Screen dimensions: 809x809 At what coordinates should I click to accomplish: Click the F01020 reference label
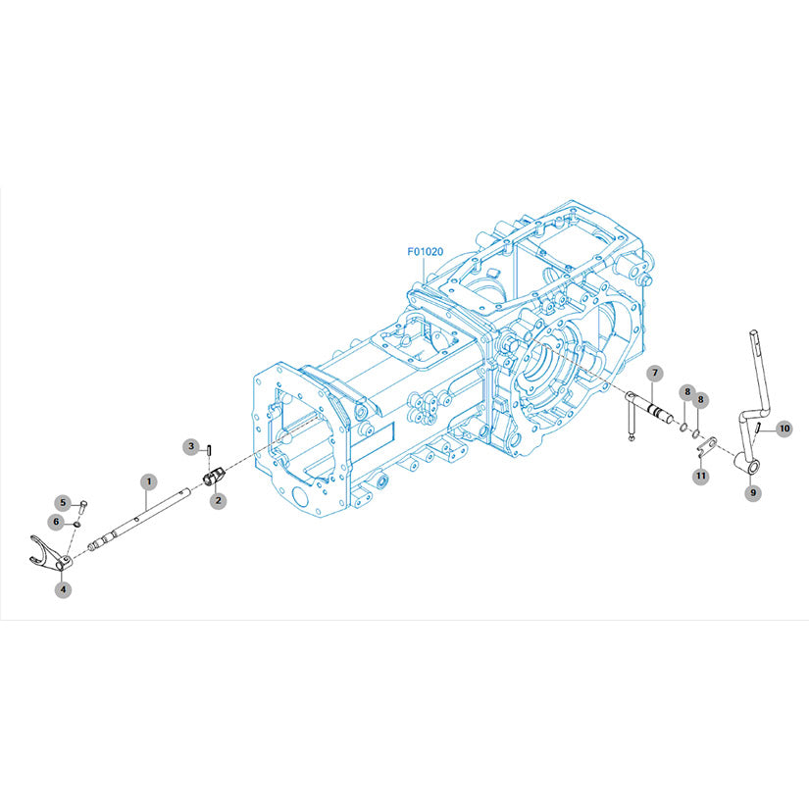pos(426,252)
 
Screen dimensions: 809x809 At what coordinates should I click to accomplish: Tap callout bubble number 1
pos(149,481)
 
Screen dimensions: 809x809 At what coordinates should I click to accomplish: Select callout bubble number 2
pos(218,500)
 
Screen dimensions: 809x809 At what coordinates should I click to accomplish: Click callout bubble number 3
pos(191,446)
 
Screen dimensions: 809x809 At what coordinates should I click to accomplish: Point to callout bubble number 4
pos(63,588)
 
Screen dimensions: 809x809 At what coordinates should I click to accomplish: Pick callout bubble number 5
pos(63,502)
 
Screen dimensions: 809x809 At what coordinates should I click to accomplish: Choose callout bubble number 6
pos(57,522)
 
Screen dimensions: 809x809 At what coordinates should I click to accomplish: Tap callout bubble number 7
pos(655,373)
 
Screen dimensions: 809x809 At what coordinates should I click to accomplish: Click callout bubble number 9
pos(753,492)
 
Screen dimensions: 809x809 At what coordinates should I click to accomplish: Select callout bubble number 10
pos(784,429)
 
